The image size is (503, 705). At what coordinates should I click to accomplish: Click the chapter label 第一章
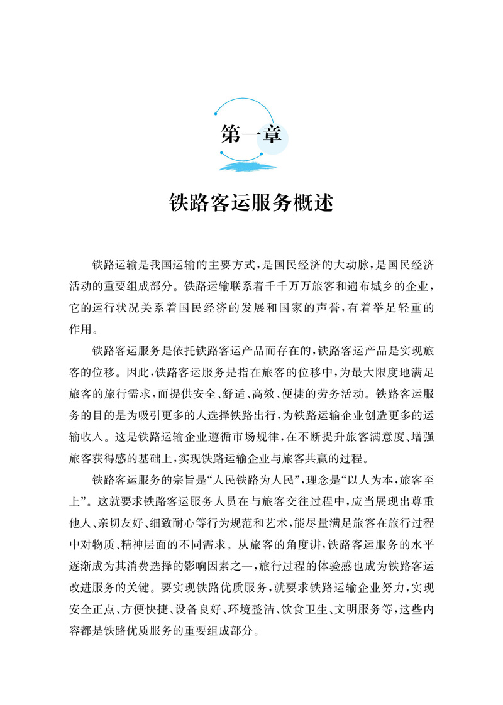tap(251, 134)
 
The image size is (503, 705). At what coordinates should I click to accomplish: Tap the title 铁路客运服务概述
tap(251, 202)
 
